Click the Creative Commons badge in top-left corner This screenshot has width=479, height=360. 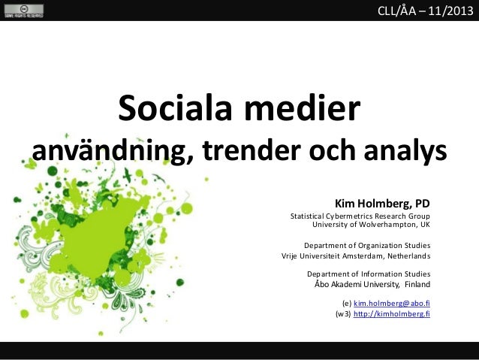click(x=23, y=10)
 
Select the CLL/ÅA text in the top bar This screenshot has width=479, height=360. click(x=402, y=10)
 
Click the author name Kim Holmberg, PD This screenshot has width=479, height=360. click(x=382, y=202)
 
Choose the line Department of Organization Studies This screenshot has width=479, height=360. click(x=366, y=245)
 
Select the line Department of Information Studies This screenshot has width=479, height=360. click(x=369, y=274)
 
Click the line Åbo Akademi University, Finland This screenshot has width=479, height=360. click(x=372, y=285)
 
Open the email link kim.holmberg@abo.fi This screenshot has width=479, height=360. click(x=391, y=304)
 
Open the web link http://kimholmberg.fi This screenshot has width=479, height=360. click(x=391, y=315)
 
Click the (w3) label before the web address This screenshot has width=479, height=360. click(x=343, y=315)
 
